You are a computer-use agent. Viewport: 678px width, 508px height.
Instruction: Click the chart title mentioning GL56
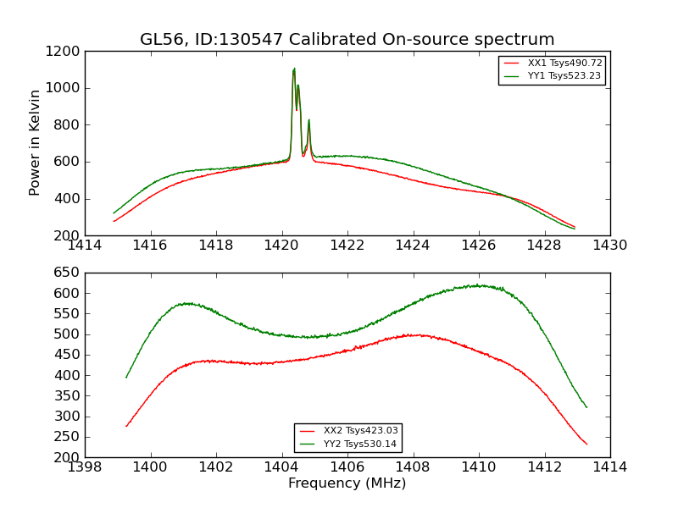347,40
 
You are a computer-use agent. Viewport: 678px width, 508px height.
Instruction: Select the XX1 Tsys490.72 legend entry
564,63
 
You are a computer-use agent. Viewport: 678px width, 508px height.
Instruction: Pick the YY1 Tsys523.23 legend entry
564,76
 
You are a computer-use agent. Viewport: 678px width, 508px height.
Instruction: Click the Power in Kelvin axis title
35,142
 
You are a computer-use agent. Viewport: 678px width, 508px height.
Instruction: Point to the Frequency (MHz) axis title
347,483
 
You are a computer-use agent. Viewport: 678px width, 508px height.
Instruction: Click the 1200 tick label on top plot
65,51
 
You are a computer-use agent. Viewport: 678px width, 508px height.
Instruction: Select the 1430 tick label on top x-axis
609,246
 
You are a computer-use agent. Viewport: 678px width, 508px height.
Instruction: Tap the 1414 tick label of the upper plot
85,246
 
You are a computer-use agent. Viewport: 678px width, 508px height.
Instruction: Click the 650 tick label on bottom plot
69,273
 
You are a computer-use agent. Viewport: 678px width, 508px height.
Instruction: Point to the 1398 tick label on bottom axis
85,467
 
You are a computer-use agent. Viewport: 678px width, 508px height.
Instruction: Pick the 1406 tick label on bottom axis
347,467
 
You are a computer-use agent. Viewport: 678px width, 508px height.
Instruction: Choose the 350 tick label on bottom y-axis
69,396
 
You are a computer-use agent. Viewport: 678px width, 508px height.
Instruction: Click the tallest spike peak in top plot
294,69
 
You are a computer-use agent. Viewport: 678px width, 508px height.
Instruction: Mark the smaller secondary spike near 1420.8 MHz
308,120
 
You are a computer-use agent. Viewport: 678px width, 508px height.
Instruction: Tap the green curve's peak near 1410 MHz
479,285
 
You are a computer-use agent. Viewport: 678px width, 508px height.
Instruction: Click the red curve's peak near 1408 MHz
414,335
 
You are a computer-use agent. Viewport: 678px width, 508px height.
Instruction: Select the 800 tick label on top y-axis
69,124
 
